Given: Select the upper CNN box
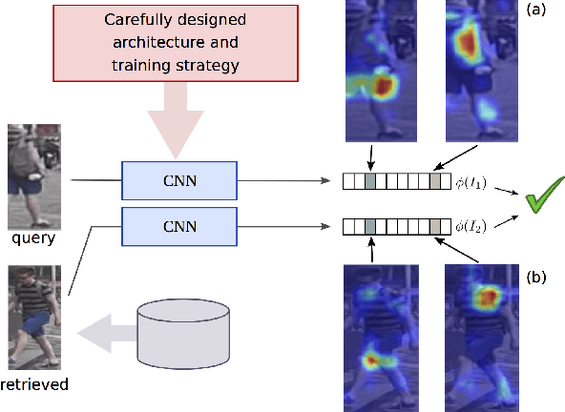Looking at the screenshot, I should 178,178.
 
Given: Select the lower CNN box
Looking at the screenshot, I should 178,226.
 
